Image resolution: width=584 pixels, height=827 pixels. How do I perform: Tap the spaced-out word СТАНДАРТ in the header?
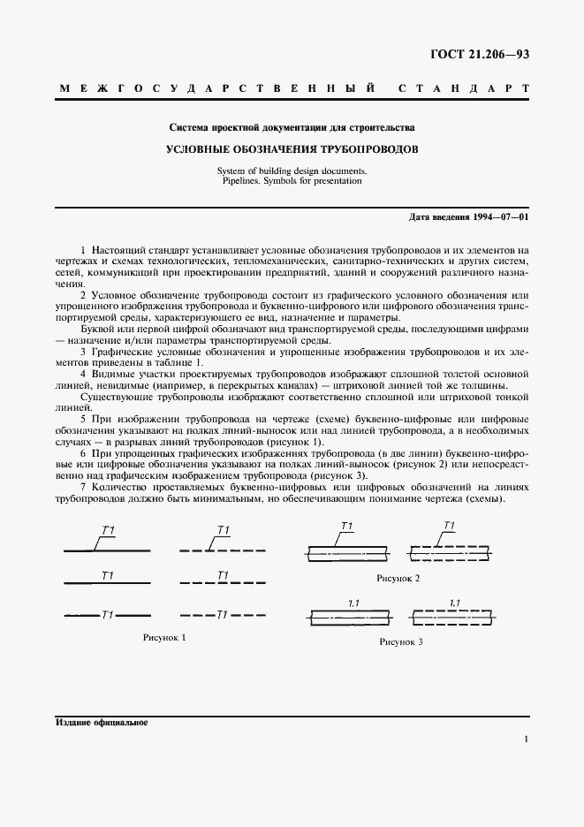[464, 89]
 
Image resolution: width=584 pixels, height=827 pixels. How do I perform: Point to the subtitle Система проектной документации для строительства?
[292, 127]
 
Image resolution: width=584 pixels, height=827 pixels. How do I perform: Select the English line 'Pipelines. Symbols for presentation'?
[292, 180]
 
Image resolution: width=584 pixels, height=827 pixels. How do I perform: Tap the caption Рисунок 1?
[165, 636]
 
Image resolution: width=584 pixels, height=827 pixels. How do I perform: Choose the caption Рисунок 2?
[398, 577]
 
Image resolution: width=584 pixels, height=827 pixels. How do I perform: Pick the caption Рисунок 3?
[401, 641]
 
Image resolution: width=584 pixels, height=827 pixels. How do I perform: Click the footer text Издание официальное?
[101, 722]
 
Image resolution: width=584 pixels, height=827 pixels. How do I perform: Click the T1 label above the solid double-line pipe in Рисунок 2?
[346, 527]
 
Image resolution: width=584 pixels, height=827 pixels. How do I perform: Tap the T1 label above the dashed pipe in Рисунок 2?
[448, 527]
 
